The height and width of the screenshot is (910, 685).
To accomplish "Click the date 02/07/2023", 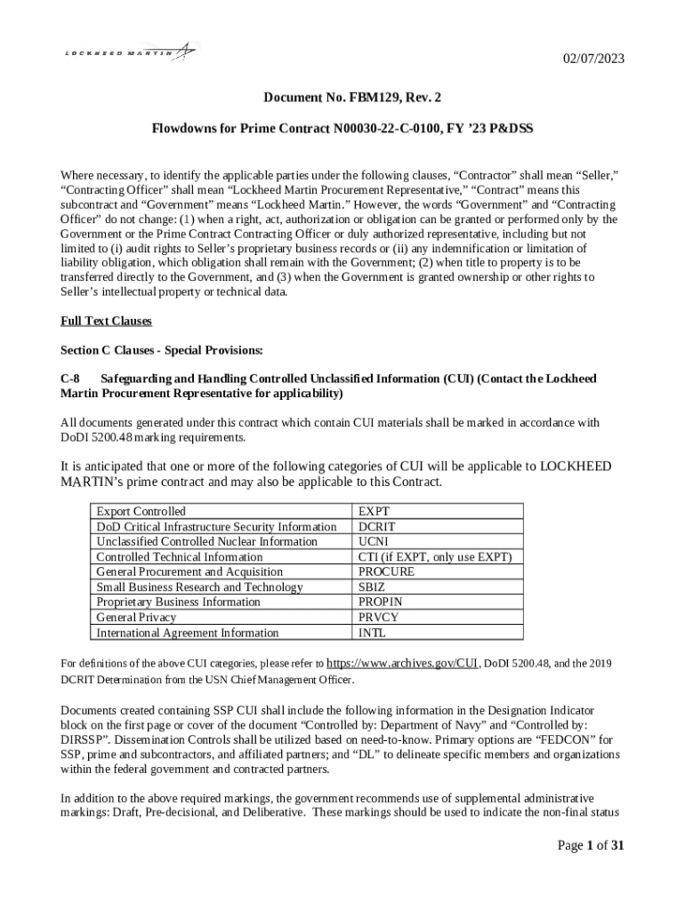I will click(594, 60).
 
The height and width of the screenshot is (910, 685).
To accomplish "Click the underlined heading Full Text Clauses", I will click(106, 321).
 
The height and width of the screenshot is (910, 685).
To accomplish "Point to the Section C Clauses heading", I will click(161, 349).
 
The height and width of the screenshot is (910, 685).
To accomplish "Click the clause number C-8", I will click(70, 379).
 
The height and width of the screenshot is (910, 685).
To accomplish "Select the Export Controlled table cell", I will click(141, 511).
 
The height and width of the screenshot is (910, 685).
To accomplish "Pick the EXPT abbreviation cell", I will click(374, 511).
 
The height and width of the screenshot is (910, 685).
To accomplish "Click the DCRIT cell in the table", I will click(377, 526).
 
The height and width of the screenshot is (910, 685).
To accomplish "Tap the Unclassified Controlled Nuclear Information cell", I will click(206, 541).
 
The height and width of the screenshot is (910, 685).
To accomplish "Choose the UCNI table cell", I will click(375, 541).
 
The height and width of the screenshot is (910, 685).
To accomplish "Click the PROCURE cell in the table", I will click(386, 571).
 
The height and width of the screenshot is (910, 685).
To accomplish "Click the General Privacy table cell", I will click(136, 617).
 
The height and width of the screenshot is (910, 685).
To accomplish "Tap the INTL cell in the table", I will click(372, 633).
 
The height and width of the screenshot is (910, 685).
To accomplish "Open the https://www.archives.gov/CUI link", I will click(404, 663).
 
